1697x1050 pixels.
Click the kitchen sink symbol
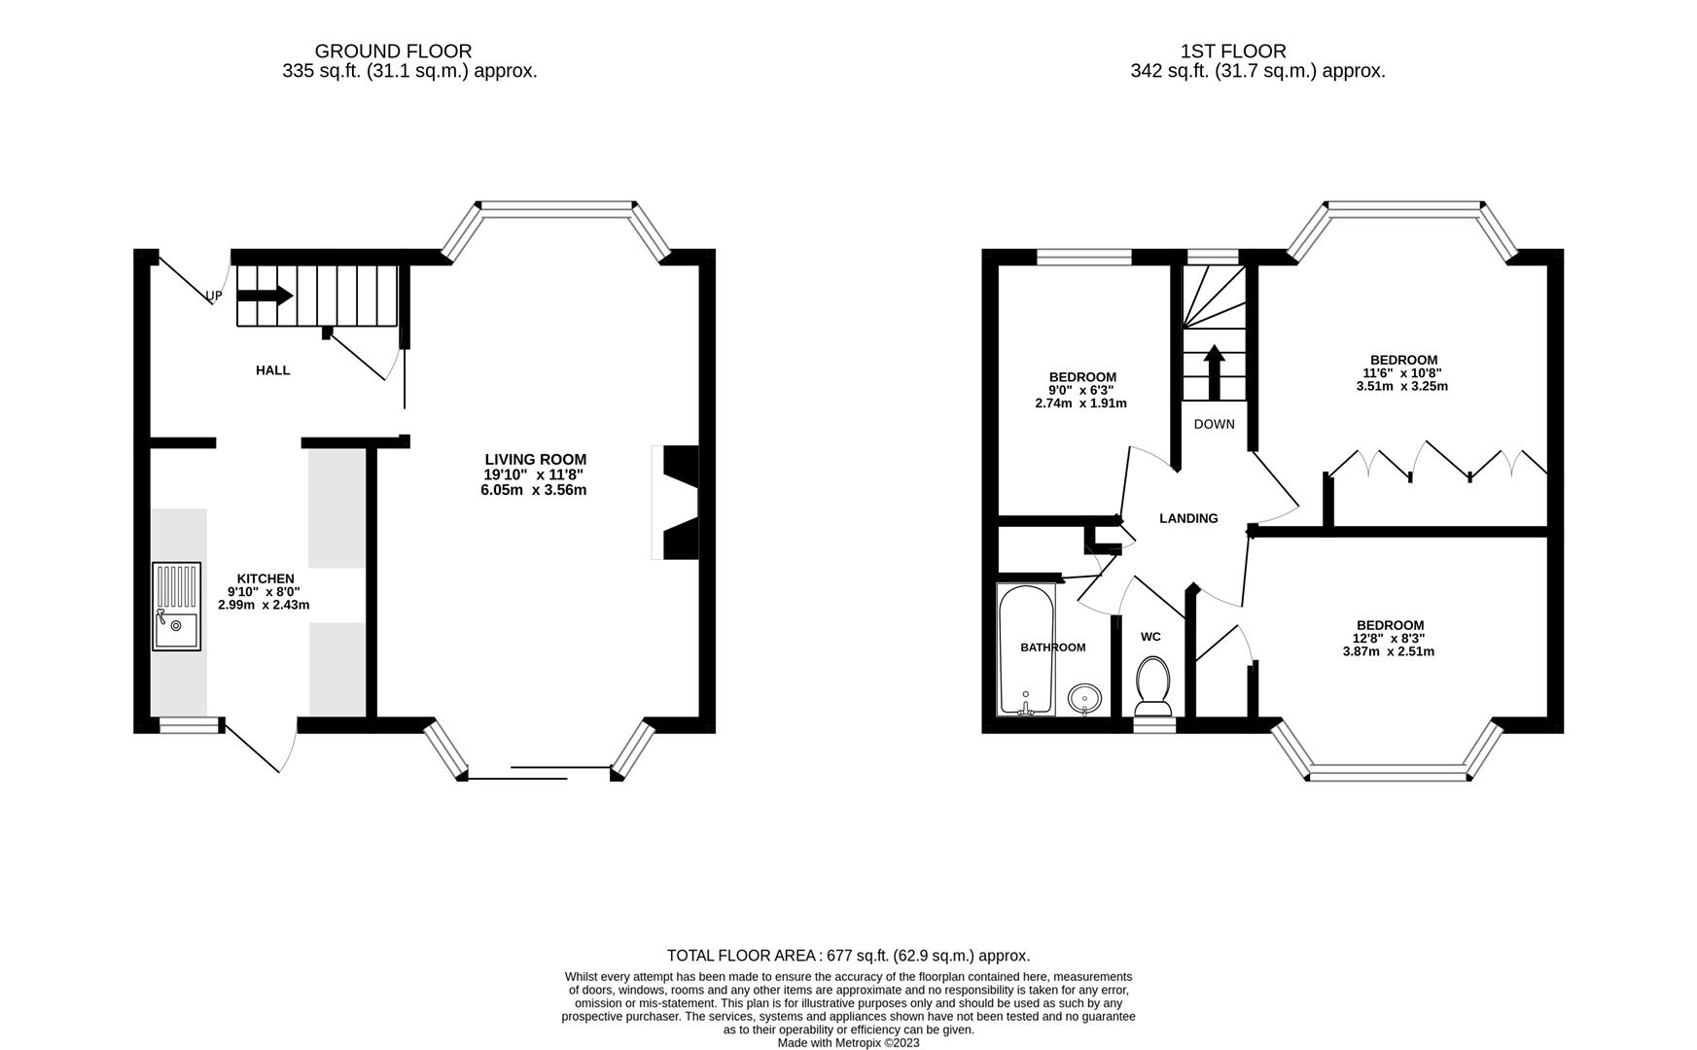pos(176,606)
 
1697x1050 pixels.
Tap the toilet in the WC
pos(1154,682)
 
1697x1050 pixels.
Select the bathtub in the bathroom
pos(1026,648)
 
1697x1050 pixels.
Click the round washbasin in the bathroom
pos(1084,697)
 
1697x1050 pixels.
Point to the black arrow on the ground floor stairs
pos(265,296)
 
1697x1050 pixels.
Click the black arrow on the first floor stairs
pos(1214,371)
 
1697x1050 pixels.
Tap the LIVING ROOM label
pos(536,460)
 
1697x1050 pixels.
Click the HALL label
pos(272,370)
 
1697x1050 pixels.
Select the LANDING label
pos(1188,519)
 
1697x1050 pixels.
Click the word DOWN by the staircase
pos(1214,424)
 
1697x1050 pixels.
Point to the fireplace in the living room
pos(679,503)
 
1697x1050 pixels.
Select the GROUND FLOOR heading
pos(393,52)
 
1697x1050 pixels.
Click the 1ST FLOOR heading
pos(1232,52)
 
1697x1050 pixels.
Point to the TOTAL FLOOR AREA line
pos(848,956)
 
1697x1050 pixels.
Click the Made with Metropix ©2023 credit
pos(848,1043)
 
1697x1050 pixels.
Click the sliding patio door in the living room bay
pos(540,773)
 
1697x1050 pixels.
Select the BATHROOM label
pos(1052,647)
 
